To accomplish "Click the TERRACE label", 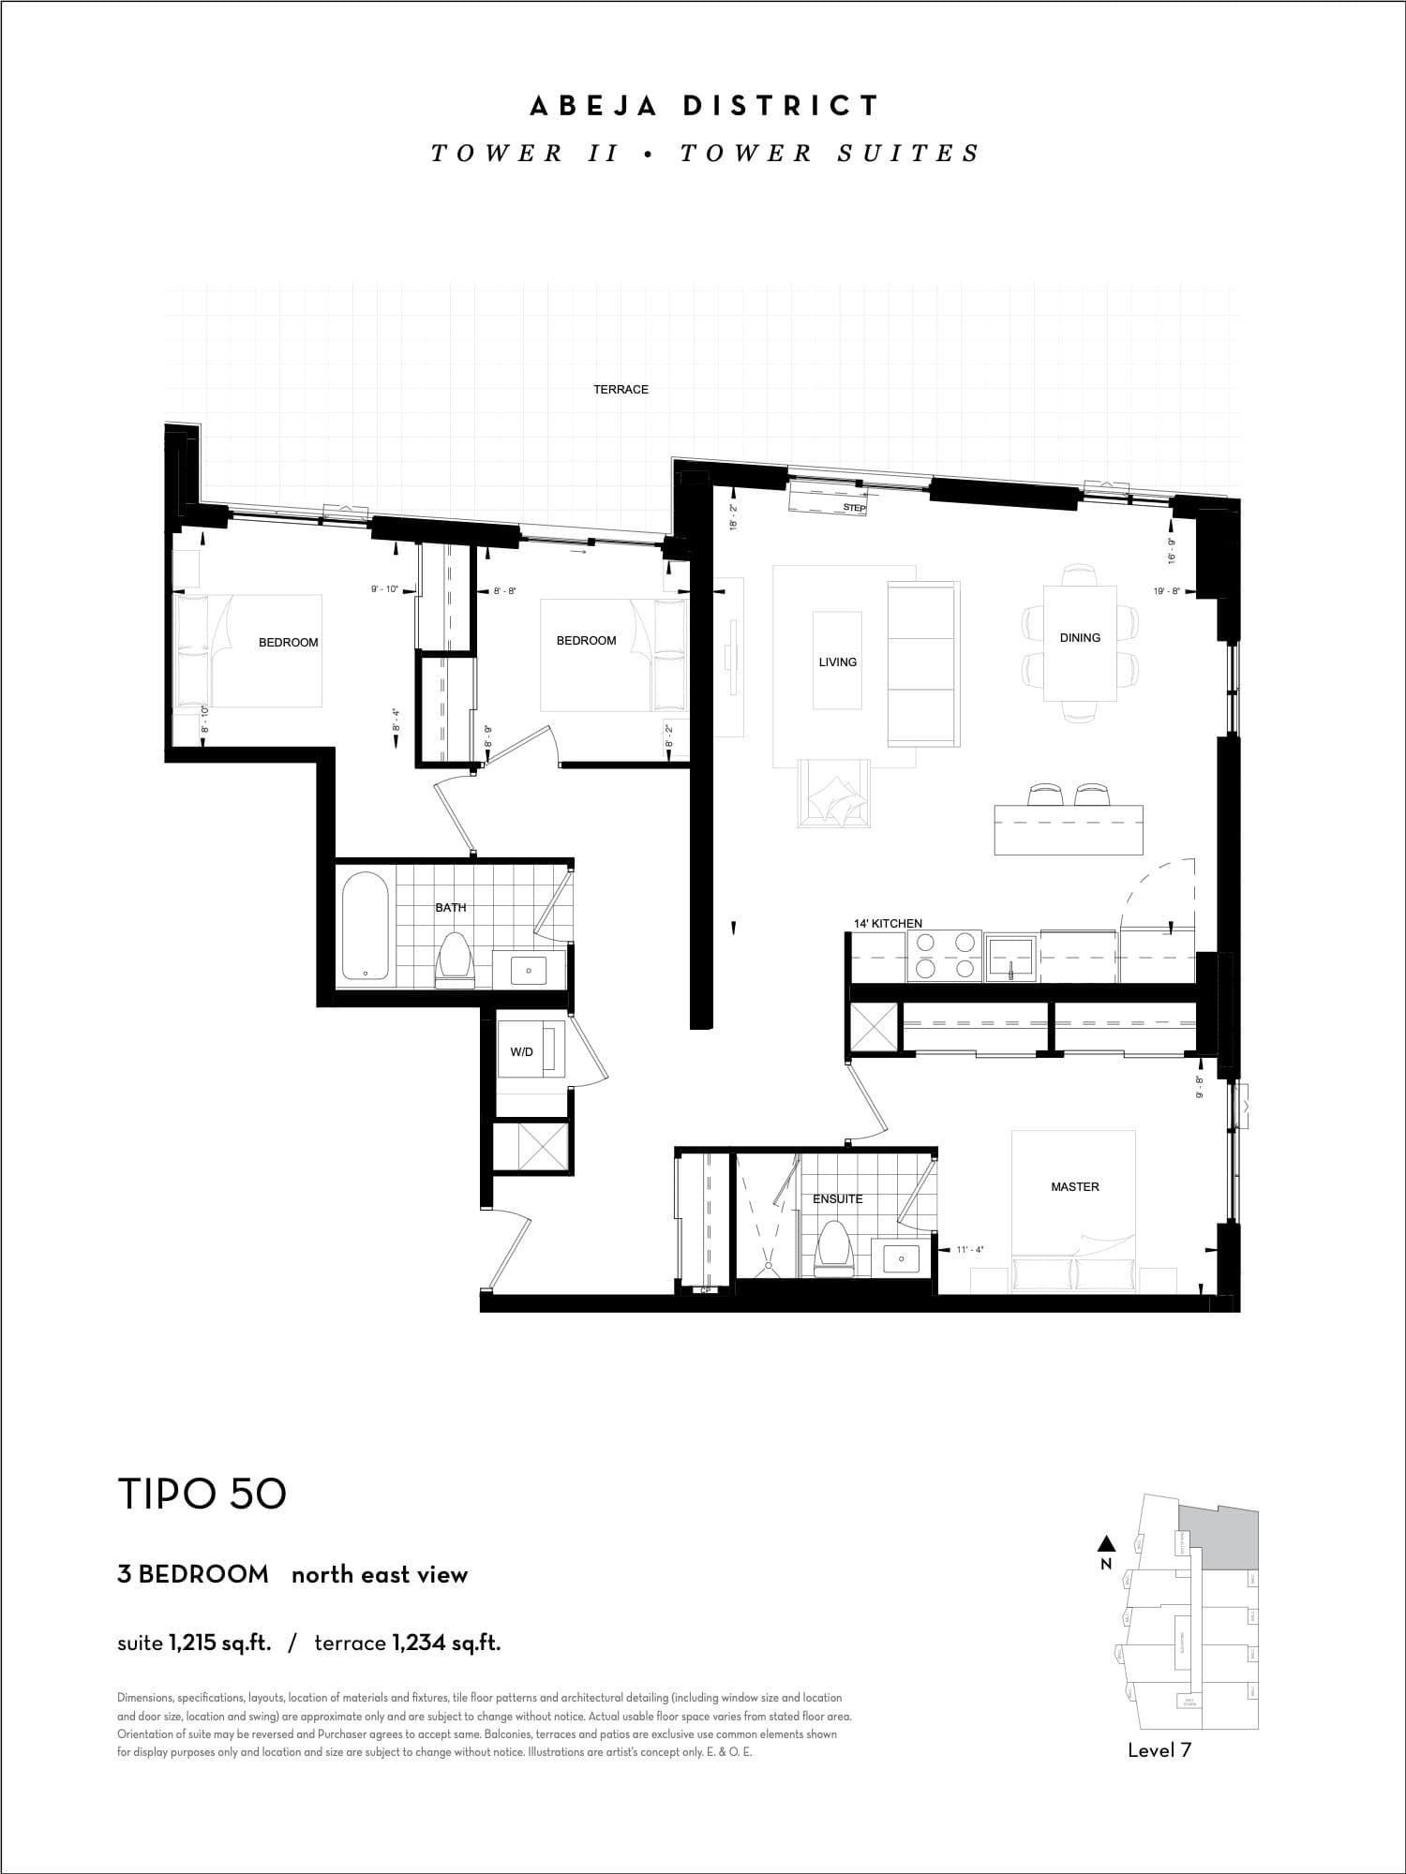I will tap(621, 389).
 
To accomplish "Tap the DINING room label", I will tap(1080, 637).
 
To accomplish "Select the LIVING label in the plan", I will tap(837, 662).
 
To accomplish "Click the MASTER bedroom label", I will tap(1074, 1186).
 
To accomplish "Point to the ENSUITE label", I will tap(837, 1198).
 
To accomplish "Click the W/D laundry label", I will tap(521, 1051).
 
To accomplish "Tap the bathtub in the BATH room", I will tap(365, 927).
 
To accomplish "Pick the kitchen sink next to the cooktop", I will tap(1010, 956).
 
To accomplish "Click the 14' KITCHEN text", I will tap(888, 923).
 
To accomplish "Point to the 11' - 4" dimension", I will tap(969, 1249).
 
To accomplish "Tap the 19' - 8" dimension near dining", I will tap(1166, 591).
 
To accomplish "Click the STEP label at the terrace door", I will tap(854, 508).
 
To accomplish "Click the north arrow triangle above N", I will tap(1106, 1542).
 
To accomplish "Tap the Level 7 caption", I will tap(1159, 1750).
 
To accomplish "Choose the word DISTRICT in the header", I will tap(781, 106).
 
